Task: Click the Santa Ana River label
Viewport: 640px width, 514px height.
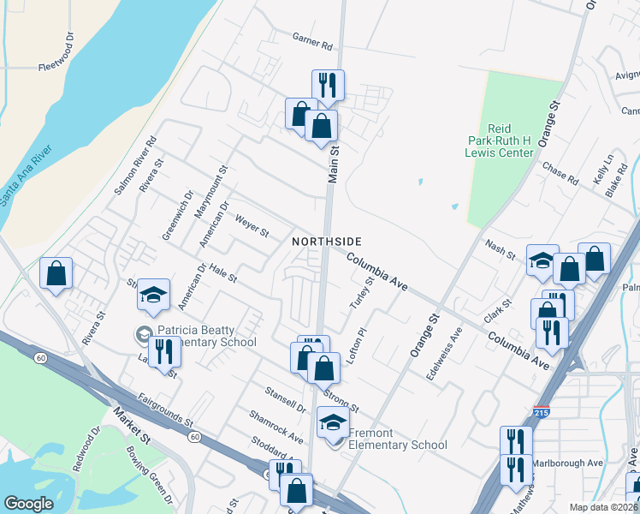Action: point(27,176)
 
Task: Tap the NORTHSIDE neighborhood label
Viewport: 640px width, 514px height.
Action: point(327,242)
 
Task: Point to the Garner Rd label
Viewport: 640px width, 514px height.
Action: point(311,41)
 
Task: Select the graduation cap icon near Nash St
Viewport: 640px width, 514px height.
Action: point(542,260)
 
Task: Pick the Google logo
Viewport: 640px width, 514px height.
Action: point(28,504)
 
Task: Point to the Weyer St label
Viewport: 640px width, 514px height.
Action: point(252,226)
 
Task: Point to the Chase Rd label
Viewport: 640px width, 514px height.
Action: point(560,173)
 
